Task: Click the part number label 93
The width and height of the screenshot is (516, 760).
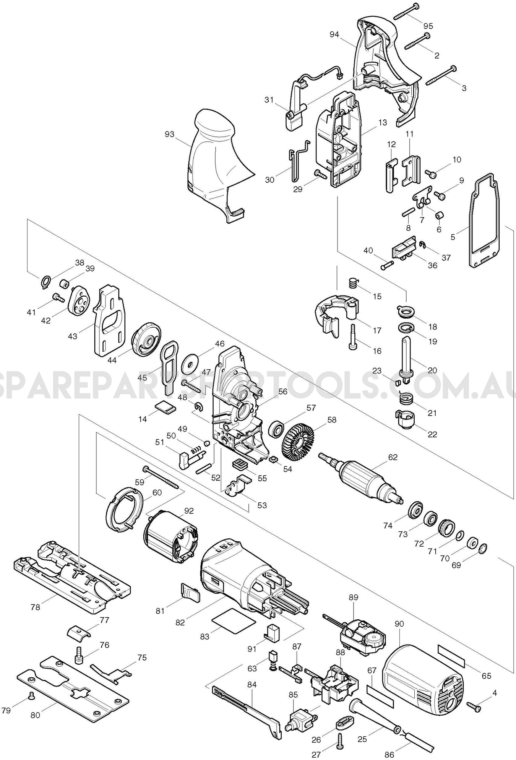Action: tap(169, 134)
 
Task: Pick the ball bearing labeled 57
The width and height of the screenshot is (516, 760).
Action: tap(274, 429)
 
